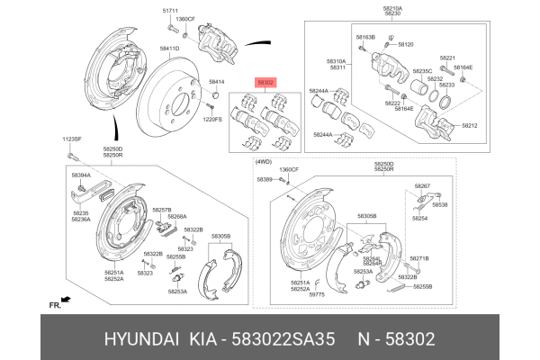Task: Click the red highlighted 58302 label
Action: pos(266,80)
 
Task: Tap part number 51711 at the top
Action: pos(170,10)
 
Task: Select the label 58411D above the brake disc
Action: pos(170,48)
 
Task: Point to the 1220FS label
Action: pos(212,119)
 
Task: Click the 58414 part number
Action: pos(216,81)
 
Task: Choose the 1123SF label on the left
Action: pos(72,139)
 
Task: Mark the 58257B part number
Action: pos(161,210)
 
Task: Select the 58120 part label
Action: pos(406,44)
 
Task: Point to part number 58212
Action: pos(470,126)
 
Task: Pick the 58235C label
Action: pos(422,70)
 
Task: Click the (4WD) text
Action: pos(264,161)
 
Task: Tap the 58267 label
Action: pos(422,185)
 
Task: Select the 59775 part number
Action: pos(317,294)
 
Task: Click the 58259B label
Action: pos(422,286)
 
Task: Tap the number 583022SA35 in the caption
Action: pos(284,339)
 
